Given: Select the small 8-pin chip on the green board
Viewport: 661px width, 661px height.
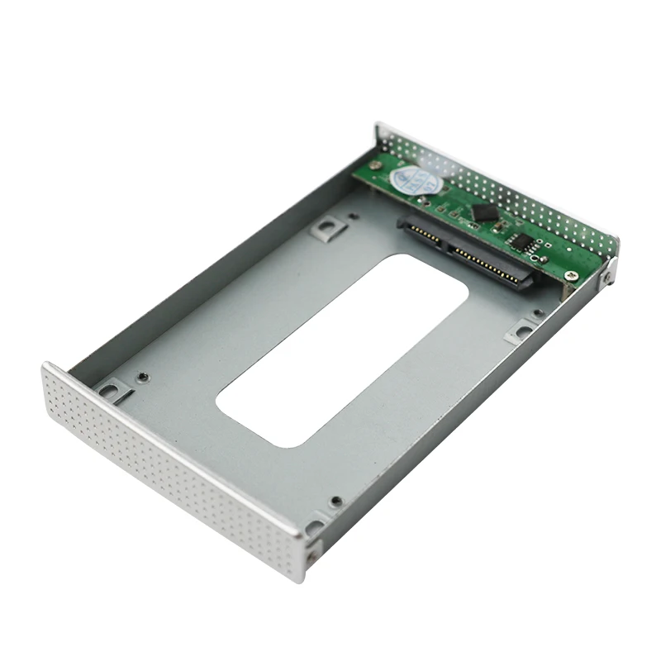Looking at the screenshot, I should [x=522, y=240].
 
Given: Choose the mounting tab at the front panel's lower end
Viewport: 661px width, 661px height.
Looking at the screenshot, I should [x=315, y=527].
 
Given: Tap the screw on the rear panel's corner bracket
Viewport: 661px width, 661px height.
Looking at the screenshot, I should [x=606, y=277].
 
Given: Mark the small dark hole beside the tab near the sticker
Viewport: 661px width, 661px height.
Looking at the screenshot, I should [x=354, y=216].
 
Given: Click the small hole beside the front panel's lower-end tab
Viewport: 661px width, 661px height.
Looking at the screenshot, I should [x=335, y=501].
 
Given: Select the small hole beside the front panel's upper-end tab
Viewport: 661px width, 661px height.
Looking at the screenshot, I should [x=144, y=376].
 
